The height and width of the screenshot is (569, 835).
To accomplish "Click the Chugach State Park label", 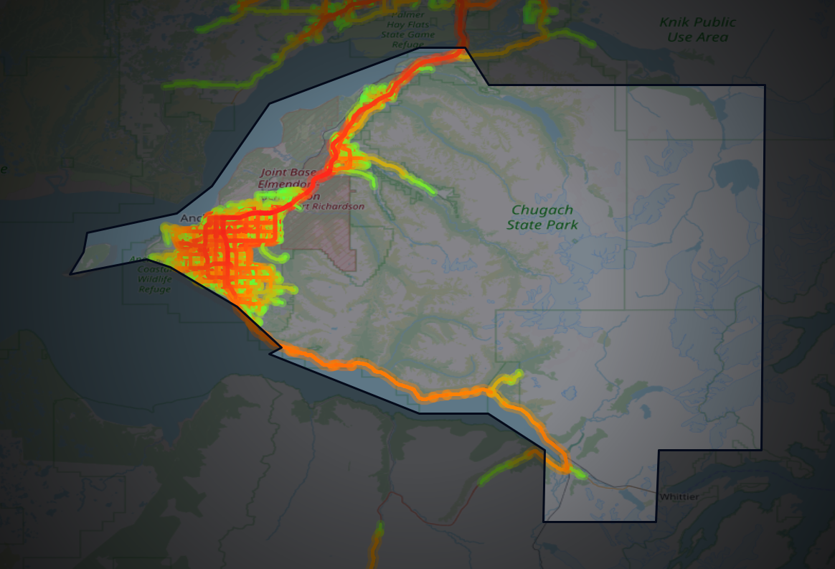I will pos(542,217).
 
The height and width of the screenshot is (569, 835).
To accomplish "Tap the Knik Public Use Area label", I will pos(698,29).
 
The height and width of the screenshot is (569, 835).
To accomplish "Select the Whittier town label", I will pos(678,497).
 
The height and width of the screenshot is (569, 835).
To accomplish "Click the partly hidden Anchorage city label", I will pos(192,218).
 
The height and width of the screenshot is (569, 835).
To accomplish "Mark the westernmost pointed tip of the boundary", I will pos(70,274).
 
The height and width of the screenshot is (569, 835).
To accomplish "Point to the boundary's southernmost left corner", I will pos(544,522).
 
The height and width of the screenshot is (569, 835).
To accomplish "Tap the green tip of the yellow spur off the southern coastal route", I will pos(518,374).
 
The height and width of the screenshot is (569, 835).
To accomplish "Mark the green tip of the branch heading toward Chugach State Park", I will pos(432,192).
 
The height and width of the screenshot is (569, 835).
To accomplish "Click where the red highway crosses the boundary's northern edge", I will pos(463,49).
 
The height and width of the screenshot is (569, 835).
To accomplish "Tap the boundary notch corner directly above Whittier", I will pos(659,450).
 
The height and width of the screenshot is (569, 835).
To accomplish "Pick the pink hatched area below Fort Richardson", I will pos(337,244).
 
